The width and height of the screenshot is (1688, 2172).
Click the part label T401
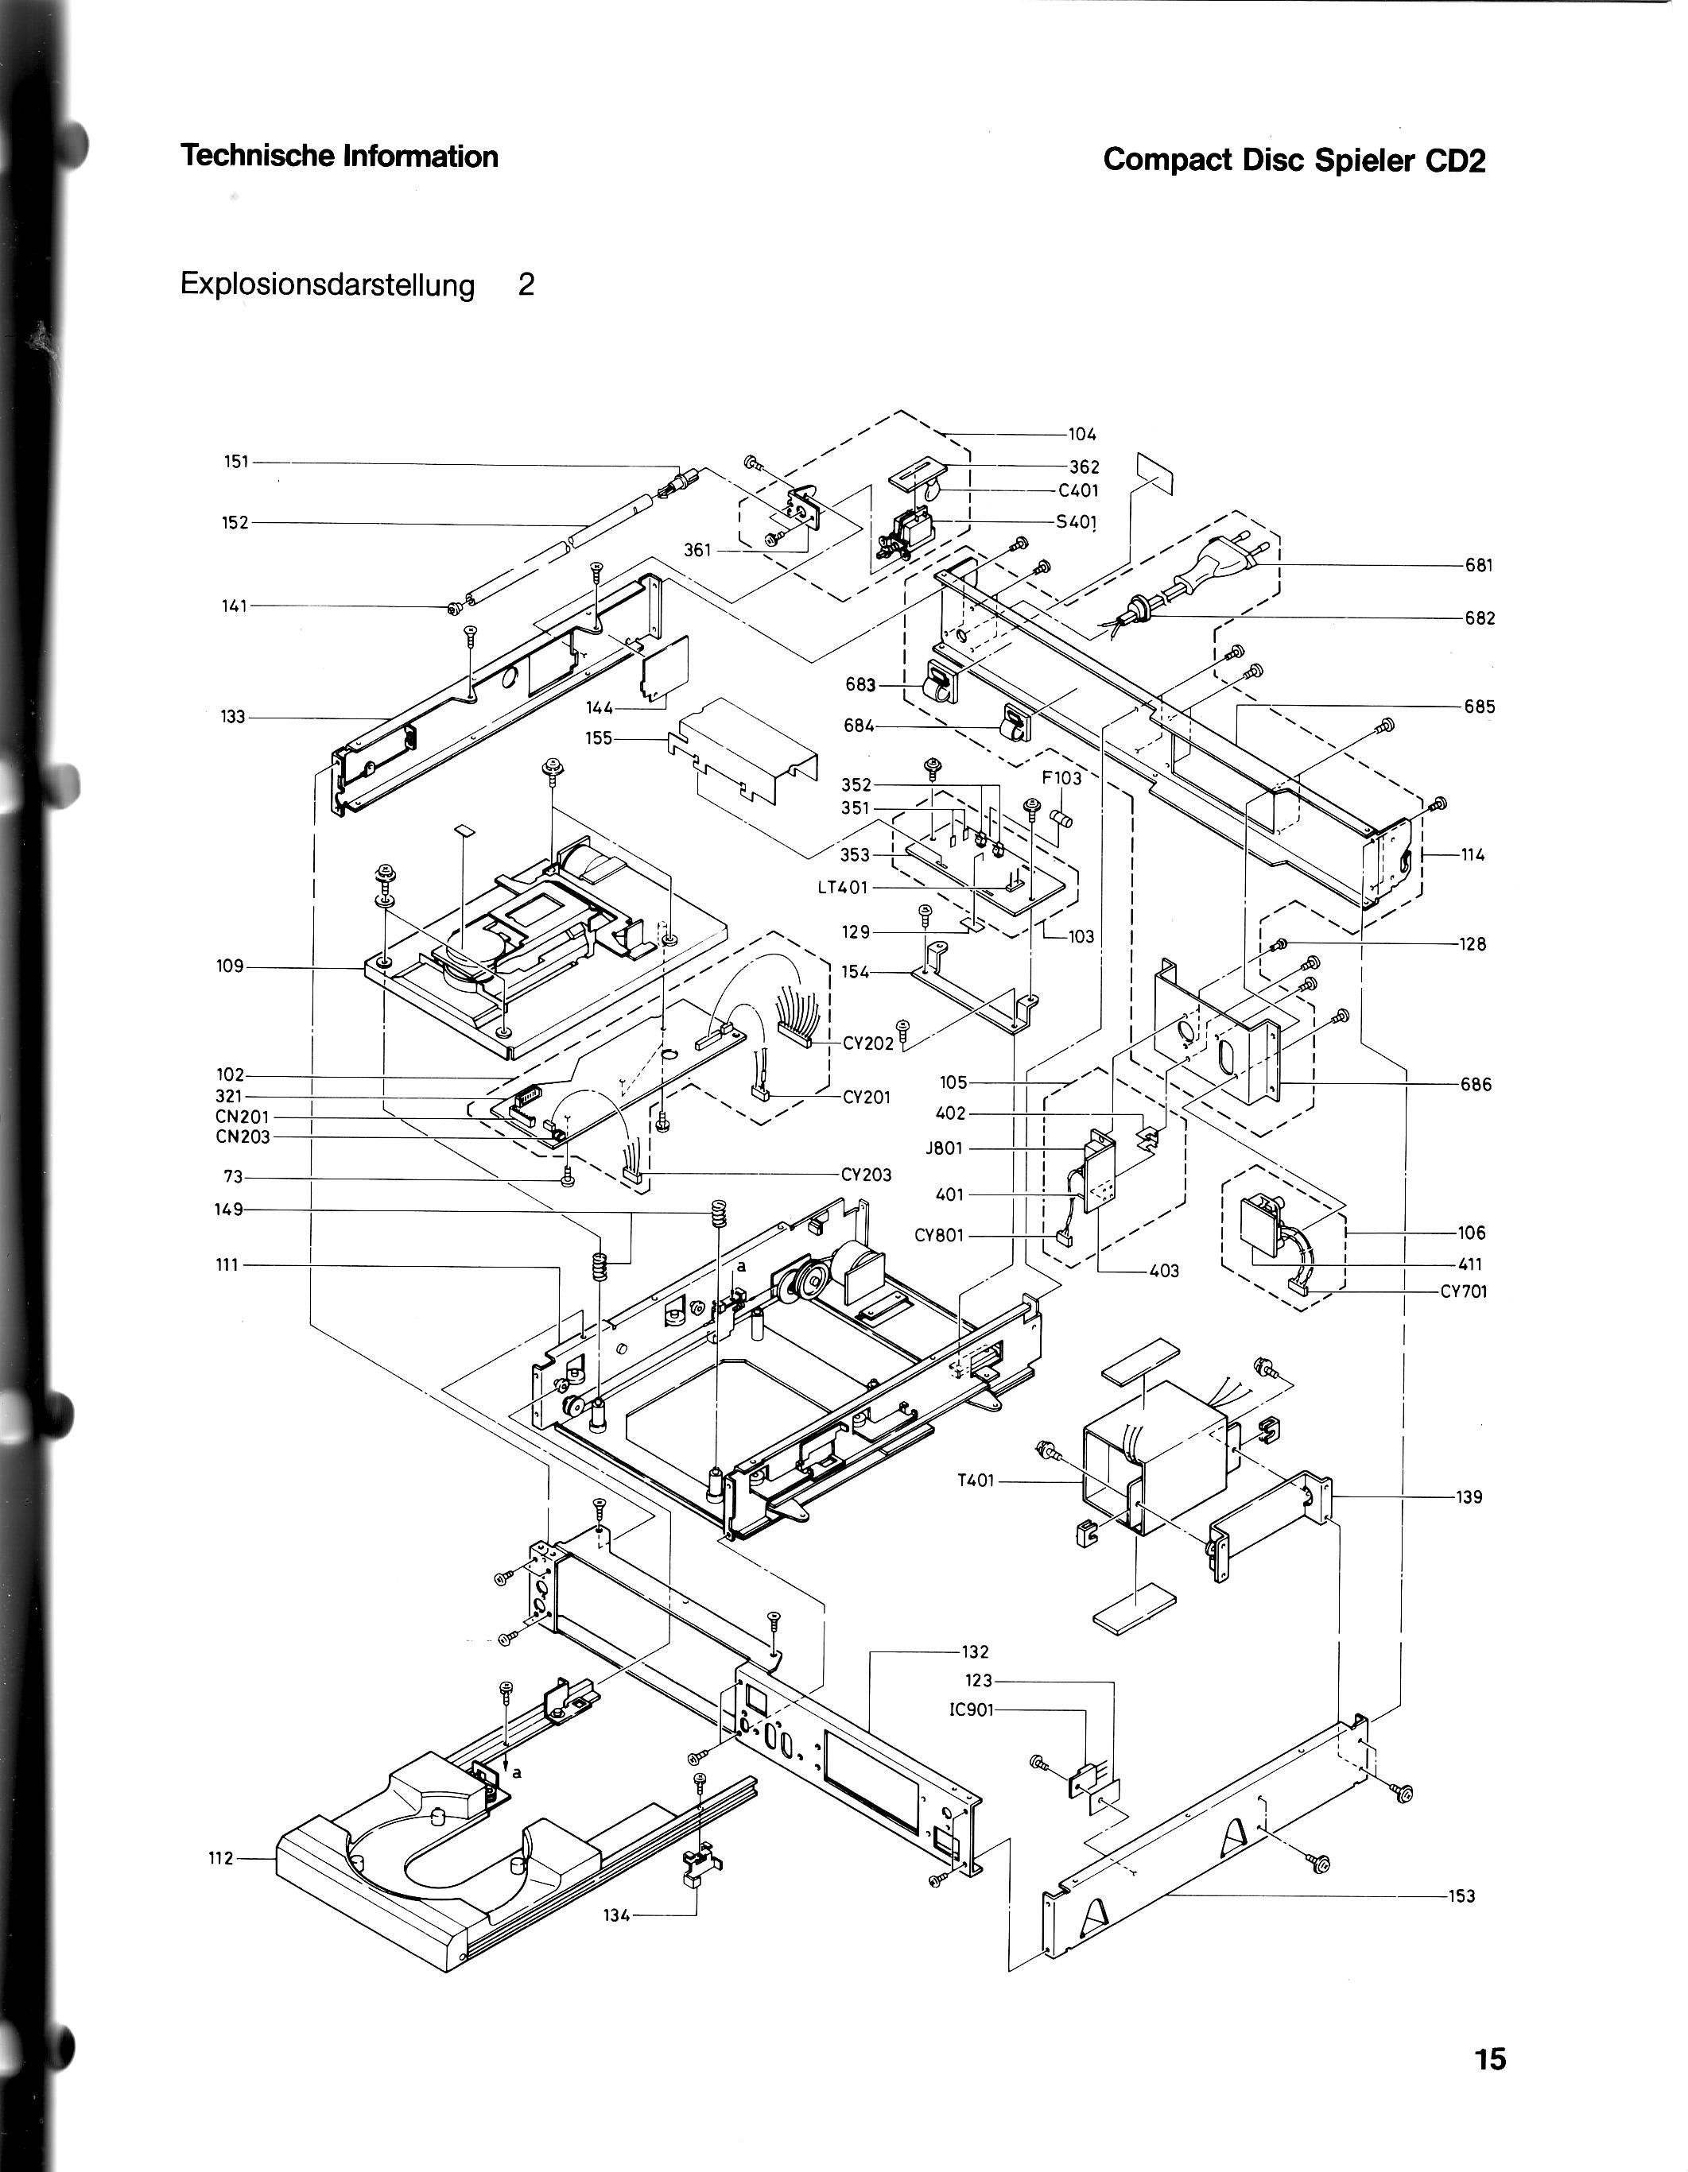point(975,1481)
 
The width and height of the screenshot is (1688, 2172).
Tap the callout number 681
point(1479,565)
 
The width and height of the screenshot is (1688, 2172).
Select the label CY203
point(867,1175)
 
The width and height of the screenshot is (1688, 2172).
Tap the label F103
point(1061,778)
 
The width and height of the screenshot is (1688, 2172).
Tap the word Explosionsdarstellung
point(328,285)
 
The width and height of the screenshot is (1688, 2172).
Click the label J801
point(944,1148)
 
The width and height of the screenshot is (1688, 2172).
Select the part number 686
point(1477,1084)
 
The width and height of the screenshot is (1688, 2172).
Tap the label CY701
point(1463,1293)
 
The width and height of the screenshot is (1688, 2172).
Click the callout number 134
point(617,1916)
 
